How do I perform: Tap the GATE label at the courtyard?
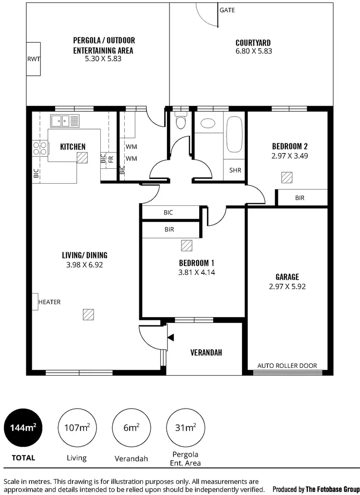227,10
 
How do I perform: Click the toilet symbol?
180,122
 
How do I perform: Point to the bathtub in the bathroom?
235,135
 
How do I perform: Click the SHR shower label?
235,170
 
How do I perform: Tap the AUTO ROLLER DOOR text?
287,365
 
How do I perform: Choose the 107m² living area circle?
76,427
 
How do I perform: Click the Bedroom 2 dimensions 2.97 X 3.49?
289,156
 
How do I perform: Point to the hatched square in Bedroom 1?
186,246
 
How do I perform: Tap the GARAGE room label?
287,277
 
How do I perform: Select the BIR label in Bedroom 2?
300,198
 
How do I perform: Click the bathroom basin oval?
208,123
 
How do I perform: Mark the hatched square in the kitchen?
83,157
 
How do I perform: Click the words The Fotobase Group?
331,489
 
